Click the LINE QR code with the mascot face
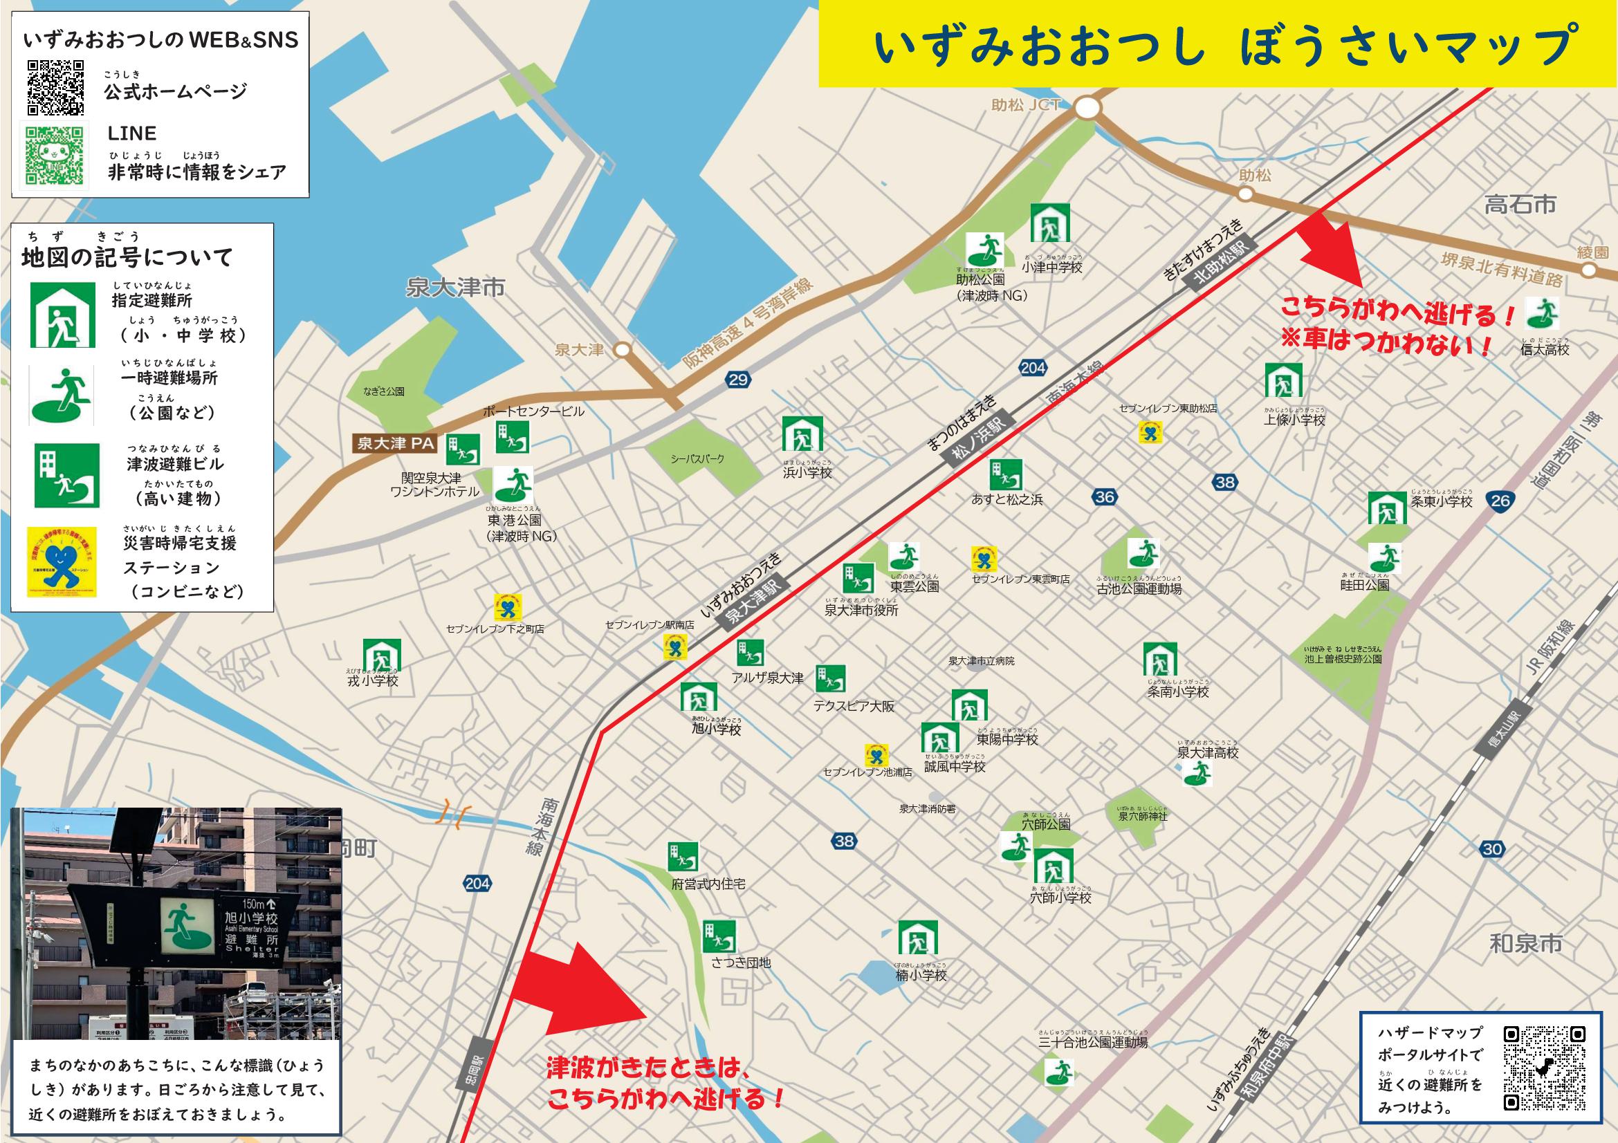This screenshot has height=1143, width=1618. tap(54, 154)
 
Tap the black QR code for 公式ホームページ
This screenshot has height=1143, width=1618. tap(55, 88)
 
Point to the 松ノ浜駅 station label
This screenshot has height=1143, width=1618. tap(976, 443)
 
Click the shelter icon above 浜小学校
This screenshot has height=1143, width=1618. tap(802, 433)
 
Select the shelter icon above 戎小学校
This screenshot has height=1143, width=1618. tap(381, 656)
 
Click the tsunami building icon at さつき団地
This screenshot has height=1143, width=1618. tap(718, 937)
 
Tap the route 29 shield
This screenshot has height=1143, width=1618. tap(737, 380)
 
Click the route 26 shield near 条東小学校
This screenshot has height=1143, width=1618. tap(1500, 501)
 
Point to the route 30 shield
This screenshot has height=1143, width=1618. tap(1492, 849)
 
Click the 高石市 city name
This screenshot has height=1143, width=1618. tap(1519, 205)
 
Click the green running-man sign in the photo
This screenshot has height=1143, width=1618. tap(187, 927)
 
